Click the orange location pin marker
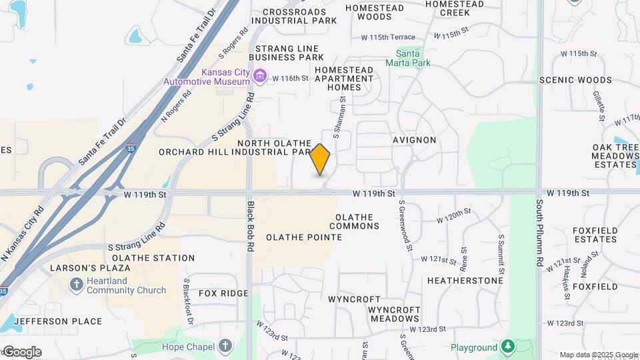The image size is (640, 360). [x=320, y=159]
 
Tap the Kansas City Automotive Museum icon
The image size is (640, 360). [x=260, y=77]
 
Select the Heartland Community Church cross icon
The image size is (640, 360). [x=77, y=285]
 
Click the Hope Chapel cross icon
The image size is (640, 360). [x=225, y=346]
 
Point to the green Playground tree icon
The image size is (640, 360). [x=508, y=347]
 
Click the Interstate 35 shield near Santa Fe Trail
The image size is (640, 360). [x=130, y=150]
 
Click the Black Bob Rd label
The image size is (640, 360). [x=251, y=226]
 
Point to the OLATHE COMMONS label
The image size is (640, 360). [x=357, y=221]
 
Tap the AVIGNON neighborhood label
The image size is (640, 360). [x=414, y=140]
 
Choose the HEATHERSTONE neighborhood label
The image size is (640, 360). [x=465, y=281]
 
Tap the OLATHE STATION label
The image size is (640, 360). [x=153, y=258]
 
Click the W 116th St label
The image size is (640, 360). [x=290, y=78]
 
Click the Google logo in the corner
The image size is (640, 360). [x=22, y=351]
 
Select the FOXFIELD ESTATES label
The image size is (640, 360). [x=594, y=235]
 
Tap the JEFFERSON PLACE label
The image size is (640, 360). [x=58, y=321]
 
